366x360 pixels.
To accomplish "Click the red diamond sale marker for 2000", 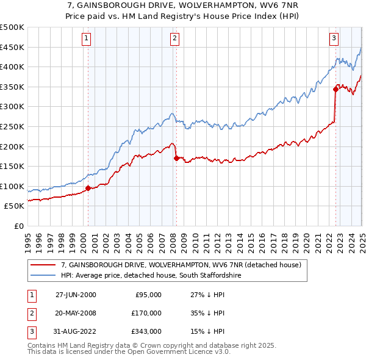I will click(88, 188).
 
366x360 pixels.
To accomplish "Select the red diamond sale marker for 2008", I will click(176, 158).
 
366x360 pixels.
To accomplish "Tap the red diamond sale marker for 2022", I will click(335, 89).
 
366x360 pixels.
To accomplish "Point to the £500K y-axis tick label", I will click(12, 27).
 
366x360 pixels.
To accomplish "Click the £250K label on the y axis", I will click(12, 126).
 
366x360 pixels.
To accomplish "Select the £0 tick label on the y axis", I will click(18, 226).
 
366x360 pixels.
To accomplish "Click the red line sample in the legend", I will click(43, 265).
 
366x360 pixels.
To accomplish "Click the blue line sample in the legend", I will click(43, 276).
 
